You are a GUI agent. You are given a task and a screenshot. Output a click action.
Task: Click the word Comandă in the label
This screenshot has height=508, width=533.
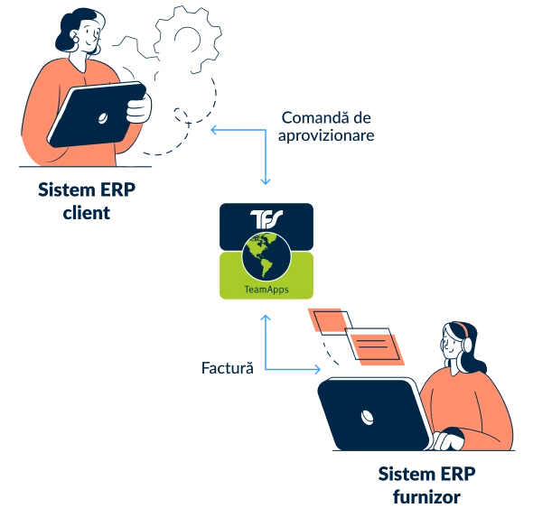(315, 118)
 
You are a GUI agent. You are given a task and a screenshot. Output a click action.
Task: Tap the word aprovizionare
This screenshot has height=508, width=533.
(326, 135)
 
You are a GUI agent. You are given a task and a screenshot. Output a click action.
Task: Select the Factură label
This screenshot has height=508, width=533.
(228, 368)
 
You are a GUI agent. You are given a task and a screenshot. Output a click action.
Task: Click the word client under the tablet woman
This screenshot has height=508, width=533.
(87, 213)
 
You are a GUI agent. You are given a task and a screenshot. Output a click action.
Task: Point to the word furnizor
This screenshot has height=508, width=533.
(426, 497)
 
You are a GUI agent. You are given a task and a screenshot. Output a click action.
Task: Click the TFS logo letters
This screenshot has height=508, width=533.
(266, 218)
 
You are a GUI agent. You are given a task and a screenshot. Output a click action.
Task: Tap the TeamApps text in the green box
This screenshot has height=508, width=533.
(266, 290)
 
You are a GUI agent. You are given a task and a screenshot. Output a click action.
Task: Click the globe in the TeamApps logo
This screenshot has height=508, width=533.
(266, 257)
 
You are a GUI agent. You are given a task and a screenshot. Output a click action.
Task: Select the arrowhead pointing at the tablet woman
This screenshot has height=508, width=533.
(214, 130)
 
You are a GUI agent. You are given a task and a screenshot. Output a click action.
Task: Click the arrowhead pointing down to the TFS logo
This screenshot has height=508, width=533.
(266, 181)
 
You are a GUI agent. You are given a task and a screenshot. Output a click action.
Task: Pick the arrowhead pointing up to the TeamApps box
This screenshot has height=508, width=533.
(266, 319)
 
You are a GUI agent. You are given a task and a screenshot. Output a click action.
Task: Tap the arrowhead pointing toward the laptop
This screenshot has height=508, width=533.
(317, 369)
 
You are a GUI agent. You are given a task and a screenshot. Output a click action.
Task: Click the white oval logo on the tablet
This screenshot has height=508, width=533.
(103, 118)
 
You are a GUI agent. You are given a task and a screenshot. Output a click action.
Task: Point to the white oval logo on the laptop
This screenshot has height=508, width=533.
(367, 418)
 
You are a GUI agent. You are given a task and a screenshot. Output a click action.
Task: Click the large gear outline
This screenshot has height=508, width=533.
(188, 40)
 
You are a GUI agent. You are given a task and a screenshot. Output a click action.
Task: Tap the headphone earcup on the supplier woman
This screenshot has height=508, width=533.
(467, 344)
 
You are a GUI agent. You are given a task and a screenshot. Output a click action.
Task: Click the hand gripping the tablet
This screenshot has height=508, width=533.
(139, 107)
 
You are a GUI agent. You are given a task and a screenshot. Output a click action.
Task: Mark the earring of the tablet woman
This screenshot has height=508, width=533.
(76, 38)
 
